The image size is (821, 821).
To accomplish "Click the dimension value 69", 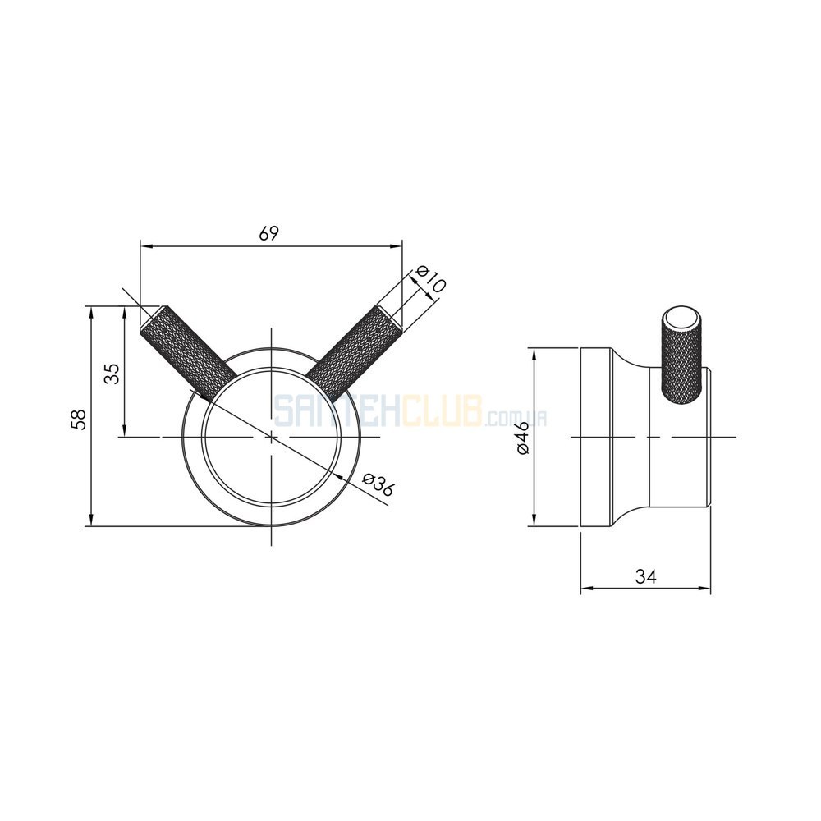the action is coord(269,233).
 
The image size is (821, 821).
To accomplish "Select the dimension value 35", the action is coord(112,374).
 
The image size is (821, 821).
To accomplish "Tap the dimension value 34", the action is coord(645,576).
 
